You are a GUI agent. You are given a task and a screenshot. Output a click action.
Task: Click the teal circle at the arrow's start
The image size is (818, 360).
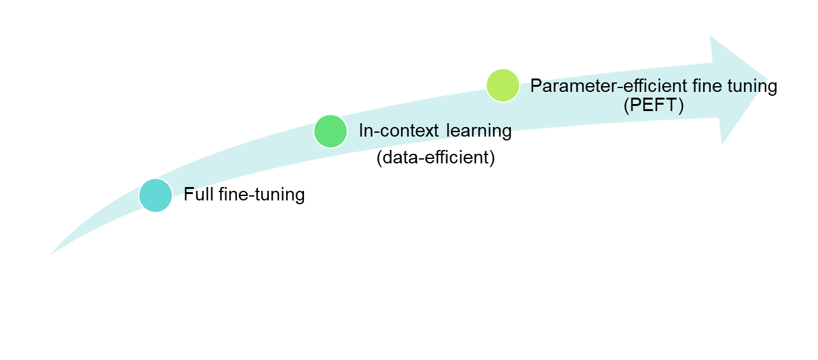click(x=156, y=195)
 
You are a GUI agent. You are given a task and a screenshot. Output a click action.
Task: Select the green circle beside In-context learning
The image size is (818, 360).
click(x=331, y=131)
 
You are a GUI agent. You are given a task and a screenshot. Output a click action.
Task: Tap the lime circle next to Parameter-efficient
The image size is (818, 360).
click(x=503, y=85)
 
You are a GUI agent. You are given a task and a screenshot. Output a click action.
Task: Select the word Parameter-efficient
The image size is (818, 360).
click(x=598, y=86)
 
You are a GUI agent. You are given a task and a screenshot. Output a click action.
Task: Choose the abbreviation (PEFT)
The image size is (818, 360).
click(x=653, y=105)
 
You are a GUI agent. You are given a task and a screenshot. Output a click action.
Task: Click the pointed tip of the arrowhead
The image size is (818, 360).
click(x=768, y=80)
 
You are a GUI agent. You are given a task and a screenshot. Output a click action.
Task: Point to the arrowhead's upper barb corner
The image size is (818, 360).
click(x=711, y=36)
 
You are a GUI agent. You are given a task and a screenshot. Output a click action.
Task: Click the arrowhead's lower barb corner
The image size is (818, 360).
click(x=722, y=144)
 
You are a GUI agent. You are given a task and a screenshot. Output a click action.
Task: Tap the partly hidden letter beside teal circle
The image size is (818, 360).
click(x=188, y=191)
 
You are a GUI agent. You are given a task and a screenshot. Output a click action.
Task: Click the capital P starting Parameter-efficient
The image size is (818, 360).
click(x=536, y=86)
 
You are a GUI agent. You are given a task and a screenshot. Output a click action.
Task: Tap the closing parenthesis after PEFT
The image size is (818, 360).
click(x=681, y=105)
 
